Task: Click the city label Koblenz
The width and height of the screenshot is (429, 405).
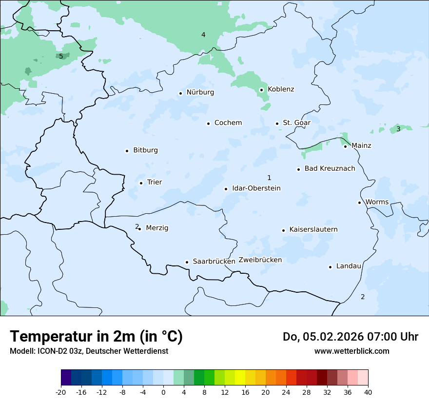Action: tap(281, 89)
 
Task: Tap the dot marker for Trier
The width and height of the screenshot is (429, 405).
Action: tap(141, 183)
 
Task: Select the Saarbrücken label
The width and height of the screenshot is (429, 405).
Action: tap(214, 262)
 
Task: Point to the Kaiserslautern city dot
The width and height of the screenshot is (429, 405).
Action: tap(283, 230)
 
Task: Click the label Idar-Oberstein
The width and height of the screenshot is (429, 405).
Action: tap(256, 188)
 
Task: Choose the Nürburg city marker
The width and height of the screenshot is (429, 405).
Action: tap(180, 93)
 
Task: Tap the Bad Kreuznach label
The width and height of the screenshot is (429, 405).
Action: tap(330, 169)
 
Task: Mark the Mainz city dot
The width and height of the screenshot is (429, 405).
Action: tap(345, 146)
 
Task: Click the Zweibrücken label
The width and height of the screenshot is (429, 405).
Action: tap(260, 260)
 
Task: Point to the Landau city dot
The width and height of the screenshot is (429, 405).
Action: tap(330, 267)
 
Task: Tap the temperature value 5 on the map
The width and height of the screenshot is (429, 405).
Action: tap(61, 56)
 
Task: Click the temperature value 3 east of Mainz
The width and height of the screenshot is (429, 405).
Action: tap(398, 129)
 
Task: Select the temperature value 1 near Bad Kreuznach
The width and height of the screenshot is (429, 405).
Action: tap(269, 178)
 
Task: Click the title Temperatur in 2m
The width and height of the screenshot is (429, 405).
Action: tap(96, 337)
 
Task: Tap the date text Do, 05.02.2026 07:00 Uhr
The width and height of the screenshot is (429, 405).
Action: tap(350, 337)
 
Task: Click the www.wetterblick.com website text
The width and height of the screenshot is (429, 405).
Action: tap(351, 351)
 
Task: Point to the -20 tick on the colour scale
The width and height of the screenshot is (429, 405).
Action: tap(61, 392)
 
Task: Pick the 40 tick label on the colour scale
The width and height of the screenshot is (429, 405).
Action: tap(368, 392)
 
